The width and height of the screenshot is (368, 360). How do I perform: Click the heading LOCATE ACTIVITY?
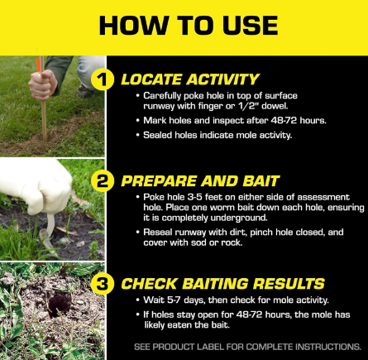coord(189,80)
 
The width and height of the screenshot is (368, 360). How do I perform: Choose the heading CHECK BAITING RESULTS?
coord(223,284)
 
